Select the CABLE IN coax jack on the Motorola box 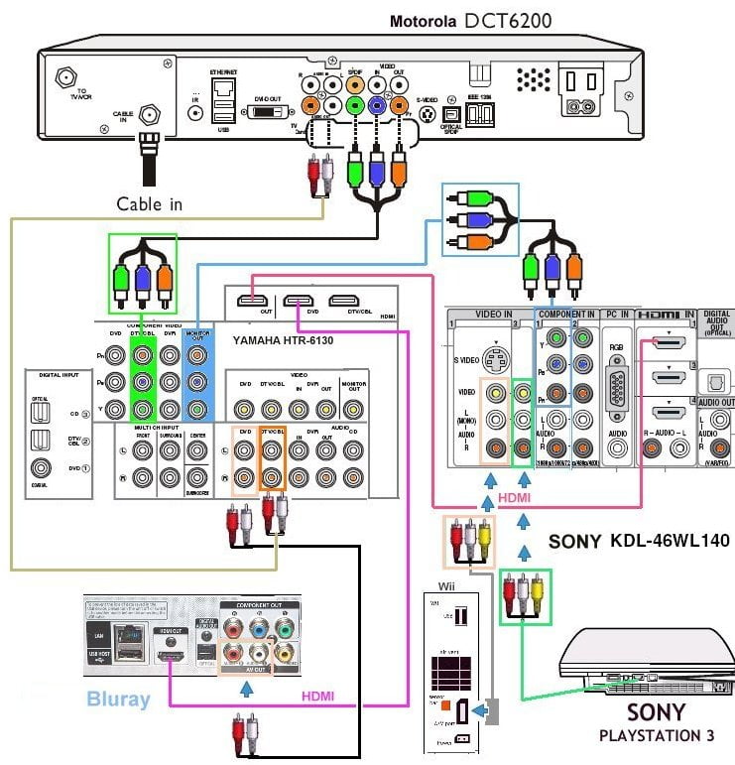[x=150, y=115]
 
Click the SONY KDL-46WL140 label [x=639, y=542]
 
